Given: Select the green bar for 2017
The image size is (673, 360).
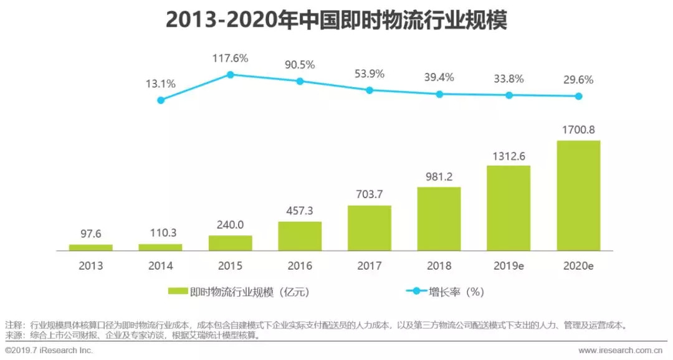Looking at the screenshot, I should [x=370, y=228].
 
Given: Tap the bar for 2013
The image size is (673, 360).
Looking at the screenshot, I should [x=91, y=247].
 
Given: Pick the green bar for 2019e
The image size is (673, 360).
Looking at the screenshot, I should [x=508, y=208].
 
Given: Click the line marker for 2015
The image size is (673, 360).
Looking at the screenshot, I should [x=230, y=75].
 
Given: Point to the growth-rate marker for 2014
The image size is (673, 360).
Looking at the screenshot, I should [x=161, y=100].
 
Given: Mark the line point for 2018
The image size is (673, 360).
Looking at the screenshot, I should [x=439, y=94].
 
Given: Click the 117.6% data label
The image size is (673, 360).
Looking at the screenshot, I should [x=231, y=59].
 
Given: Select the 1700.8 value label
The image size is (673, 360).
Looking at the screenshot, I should [x=579, y=130].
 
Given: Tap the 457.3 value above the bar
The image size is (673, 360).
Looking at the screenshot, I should [x=300, y=211].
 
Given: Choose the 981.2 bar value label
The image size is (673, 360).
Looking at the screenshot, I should [x=439, y=177].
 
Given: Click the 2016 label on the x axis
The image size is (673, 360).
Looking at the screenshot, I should [x=300, y=266].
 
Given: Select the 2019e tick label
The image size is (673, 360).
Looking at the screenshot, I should [x=508, y=266].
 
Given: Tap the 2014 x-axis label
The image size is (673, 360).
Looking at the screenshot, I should [x=161, y=266].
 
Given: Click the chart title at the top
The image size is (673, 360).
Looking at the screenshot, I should [x=336, y=20].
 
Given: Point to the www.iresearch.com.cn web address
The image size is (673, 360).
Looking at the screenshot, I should [x=623, y=351].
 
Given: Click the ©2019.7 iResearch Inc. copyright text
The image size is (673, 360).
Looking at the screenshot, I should [x=49, y=351].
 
